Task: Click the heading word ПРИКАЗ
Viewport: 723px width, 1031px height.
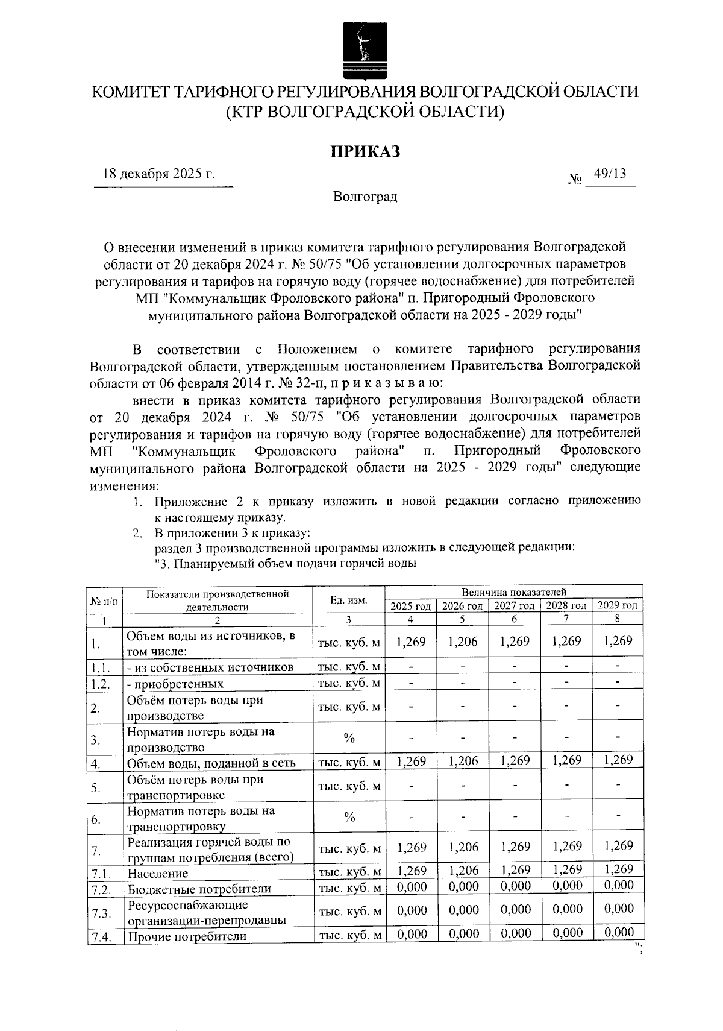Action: point(365,152)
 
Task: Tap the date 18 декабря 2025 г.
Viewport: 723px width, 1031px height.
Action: point(160,175)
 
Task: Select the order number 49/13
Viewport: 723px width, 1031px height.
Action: point(610,174)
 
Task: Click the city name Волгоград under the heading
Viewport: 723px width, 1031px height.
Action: point(365,197)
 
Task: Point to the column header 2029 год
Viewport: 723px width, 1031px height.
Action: point(618,605)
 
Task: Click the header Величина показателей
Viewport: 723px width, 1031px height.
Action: point(514,593)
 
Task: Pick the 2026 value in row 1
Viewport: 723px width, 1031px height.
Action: point(463,642)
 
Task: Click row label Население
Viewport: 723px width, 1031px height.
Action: point(158,873)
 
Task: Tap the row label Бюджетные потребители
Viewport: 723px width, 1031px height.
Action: point(199,889)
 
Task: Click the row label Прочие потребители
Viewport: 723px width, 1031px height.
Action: point(187,936)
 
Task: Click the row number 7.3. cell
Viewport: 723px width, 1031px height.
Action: point(101,913)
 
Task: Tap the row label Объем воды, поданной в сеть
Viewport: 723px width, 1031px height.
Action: point(211,763)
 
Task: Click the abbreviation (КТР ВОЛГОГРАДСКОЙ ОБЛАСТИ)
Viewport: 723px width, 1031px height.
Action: point(365,112)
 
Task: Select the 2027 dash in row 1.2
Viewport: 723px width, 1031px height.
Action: point(515,683)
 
